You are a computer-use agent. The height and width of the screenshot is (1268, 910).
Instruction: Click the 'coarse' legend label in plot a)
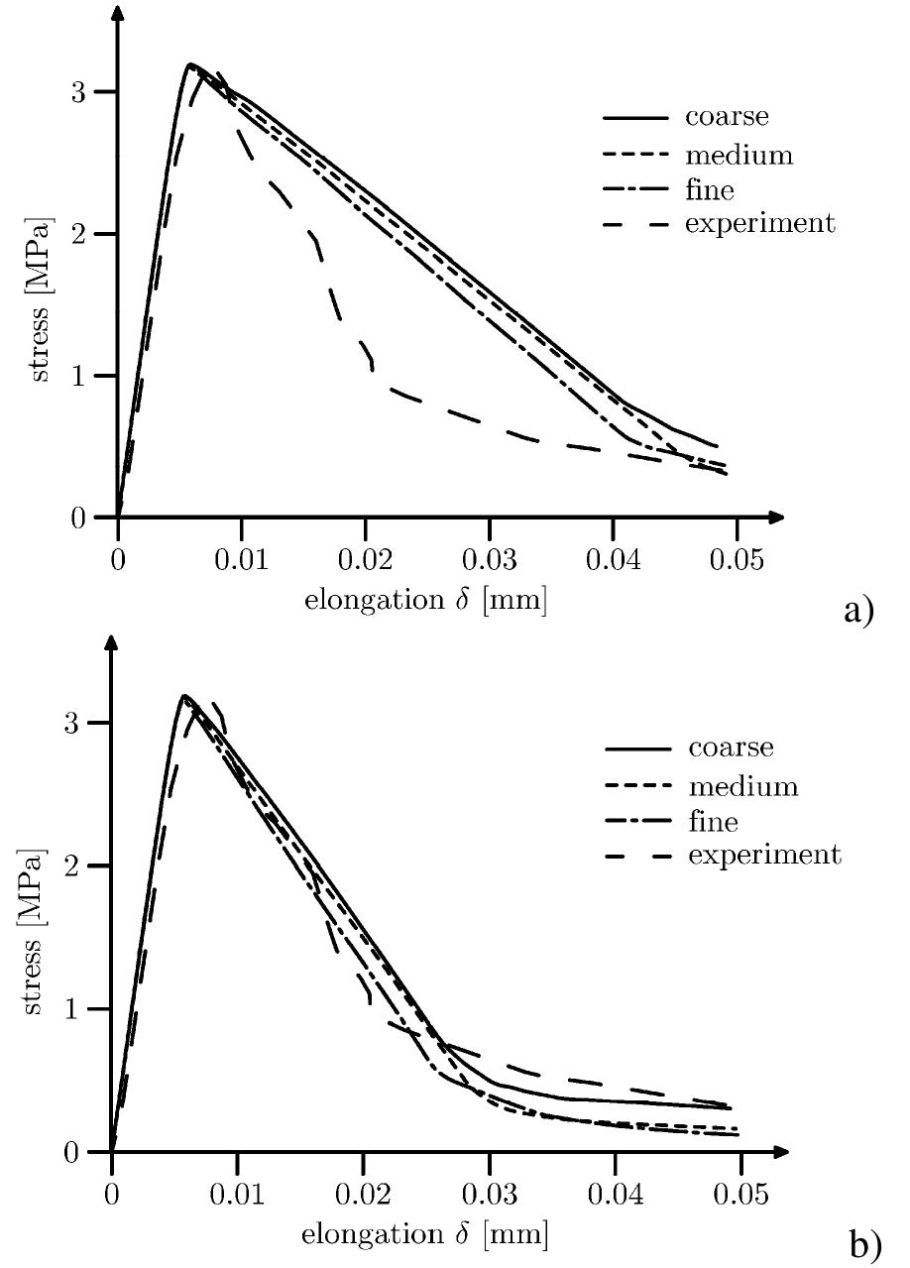(726, 117)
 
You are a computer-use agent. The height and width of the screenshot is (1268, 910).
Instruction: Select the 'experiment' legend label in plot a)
(759, 224)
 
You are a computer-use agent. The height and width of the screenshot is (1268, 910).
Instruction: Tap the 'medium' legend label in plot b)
(742, 787)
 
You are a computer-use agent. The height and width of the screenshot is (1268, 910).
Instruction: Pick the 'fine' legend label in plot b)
(713, 821)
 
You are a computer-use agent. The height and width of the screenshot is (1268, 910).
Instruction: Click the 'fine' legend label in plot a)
(709, 188)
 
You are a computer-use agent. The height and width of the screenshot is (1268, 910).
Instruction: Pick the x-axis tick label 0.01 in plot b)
(237, 1194)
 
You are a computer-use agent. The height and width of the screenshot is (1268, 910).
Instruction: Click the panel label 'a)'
(858, 611)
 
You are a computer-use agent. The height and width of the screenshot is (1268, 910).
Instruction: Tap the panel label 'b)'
(864, 1243)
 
